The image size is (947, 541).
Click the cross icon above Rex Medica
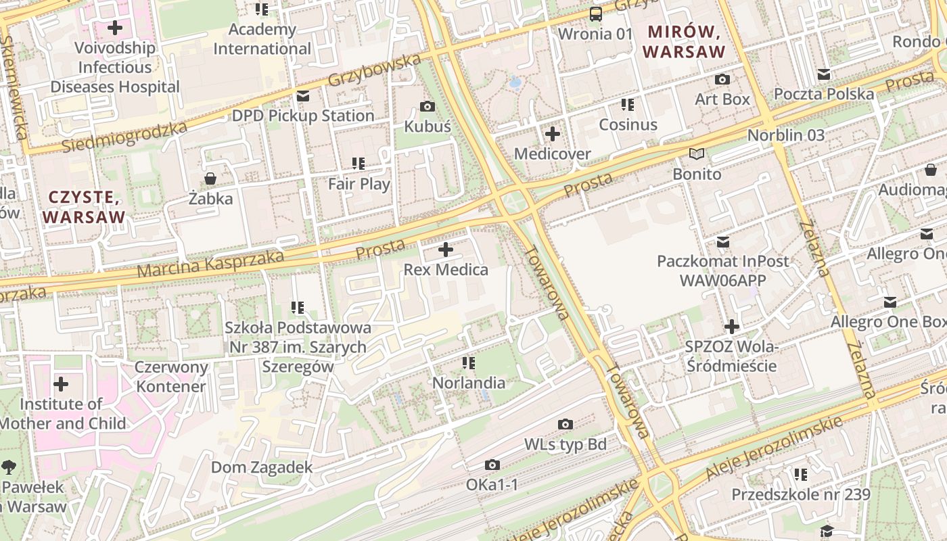click(x=446, y=250)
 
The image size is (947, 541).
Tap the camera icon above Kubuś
click(x=427, y=106)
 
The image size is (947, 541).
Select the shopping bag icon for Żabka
click(x=210, y=179)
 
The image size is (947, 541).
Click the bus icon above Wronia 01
click(x=595, y=14)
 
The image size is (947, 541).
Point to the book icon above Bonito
click(x=697, y=154)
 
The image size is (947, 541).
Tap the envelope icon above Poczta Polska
click(x=823, y=74)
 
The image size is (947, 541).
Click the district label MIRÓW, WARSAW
click(x=684, y=41)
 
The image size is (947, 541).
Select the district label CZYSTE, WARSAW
click(x=84, y=207)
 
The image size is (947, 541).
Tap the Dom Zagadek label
click(x=262, y=467)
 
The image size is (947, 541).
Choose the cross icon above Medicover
click(x=552, y=133)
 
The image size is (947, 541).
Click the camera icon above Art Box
click(x=722, y=79)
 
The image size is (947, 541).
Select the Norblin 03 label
click(x=785, y=135)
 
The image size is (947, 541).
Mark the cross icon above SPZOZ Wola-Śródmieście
click(x=731, y=327)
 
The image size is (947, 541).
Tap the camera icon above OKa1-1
click(x=492, y=465)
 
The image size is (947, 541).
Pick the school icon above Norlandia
click(x=468, y=363)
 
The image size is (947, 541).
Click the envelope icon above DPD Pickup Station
click(x=302, y=96)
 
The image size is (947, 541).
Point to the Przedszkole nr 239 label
click(x=800, y=494)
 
